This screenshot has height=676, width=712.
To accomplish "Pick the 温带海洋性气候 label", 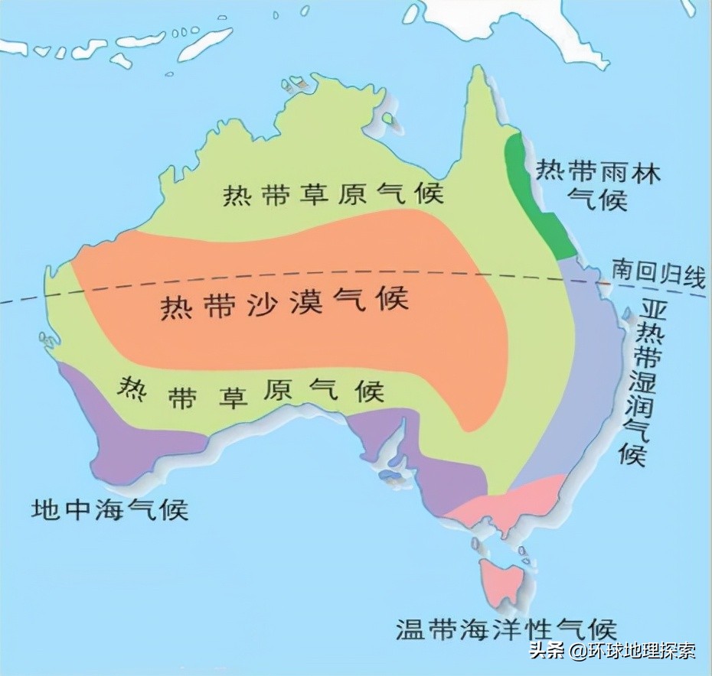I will click(x=506, y=629).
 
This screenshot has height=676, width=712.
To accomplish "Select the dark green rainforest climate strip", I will click(x=540, y=195).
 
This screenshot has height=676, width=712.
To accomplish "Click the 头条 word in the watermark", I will click(x=547, y=652).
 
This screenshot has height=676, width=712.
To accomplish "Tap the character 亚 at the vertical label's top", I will click(x=651, y=309).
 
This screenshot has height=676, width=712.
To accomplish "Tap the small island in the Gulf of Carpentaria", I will click(x=393, y=119).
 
